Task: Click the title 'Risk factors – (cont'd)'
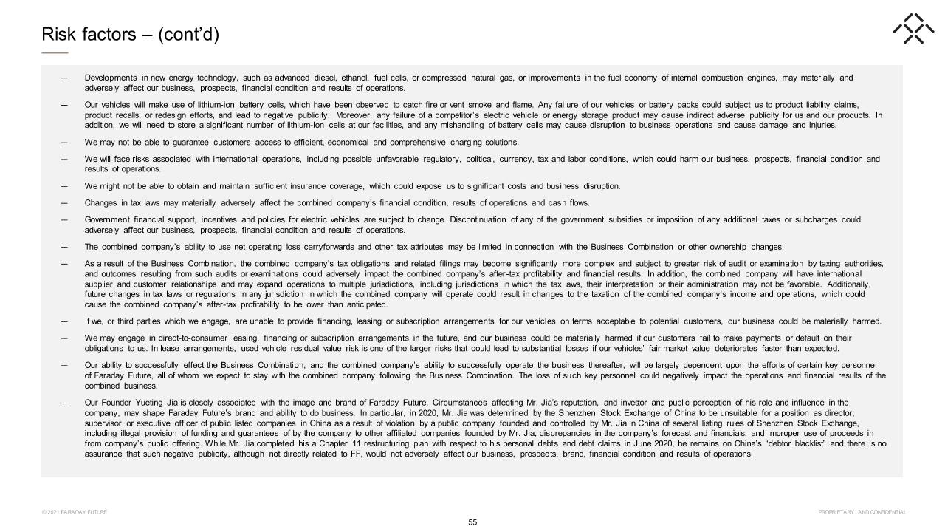pyautogui.click(x=130, y=35)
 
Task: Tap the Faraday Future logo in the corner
pyautogui.click(x=913, y=29)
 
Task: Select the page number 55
pyautogui.click(x=472, y=522)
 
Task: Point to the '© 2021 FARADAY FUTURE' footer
pyautogui.click(x=75, y=512)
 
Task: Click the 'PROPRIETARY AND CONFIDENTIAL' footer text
pyautogui.click(x=862, y=512)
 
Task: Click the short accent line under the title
pyautogui.click(x=55, y=52)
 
